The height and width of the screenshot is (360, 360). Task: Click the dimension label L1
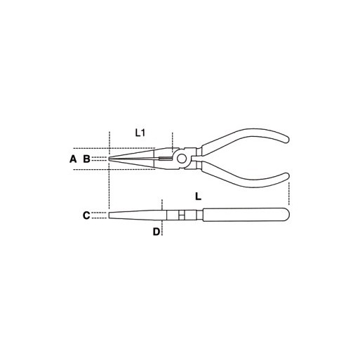140,133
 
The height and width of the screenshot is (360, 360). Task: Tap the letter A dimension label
73,159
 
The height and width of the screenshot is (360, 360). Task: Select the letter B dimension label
86,159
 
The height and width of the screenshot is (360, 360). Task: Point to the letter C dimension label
86,215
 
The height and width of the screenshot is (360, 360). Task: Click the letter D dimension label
156,232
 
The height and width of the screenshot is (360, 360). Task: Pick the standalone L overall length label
198,196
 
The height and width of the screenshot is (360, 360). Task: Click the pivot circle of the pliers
181,159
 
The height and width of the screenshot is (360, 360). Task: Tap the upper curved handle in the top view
244,140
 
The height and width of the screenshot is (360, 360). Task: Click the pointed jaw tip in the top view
109,159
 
